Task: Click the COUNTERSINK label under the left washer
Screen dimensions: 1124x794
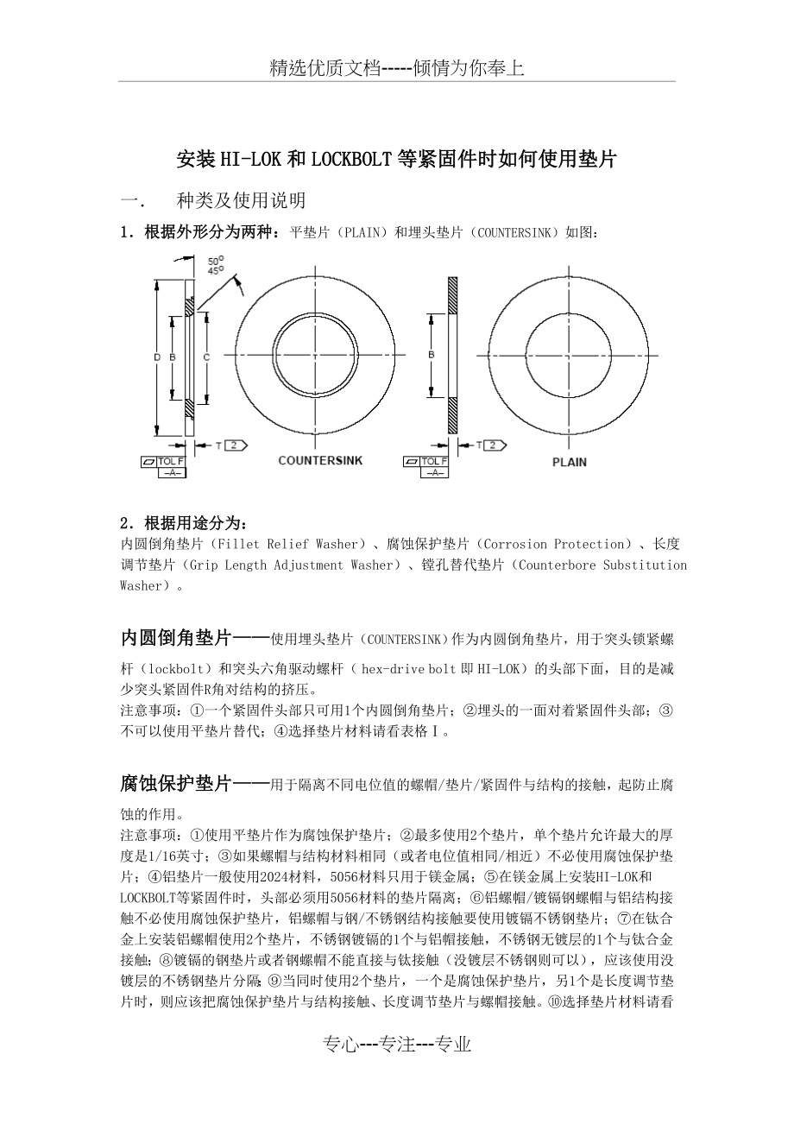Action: (x=320, y=461)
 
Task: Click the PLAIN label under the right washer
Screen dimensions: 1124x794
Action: (x=570, y=462)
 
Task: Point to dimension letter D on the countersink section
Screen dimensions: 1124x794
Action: (x=157, y=357)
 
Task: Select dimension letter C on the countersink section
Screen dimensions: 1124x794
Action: (x=206, y=356)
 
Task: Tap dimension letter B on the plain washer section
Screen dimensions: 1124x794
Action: (x=431, y=355)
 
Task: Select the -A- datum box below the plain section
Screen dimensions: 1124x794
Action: (x=436, y=472)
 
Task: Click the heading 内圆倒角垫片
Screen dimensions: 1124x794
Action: (x=175, y=639)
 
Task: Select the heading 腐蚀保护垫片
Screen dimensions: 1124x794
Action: (x=175, y=784)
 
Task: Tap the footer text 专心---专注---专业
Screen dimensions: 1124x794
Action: (x=397, y=1045)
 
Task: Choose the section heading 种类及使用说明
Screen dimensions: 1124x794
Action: (x=241, y=201)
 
